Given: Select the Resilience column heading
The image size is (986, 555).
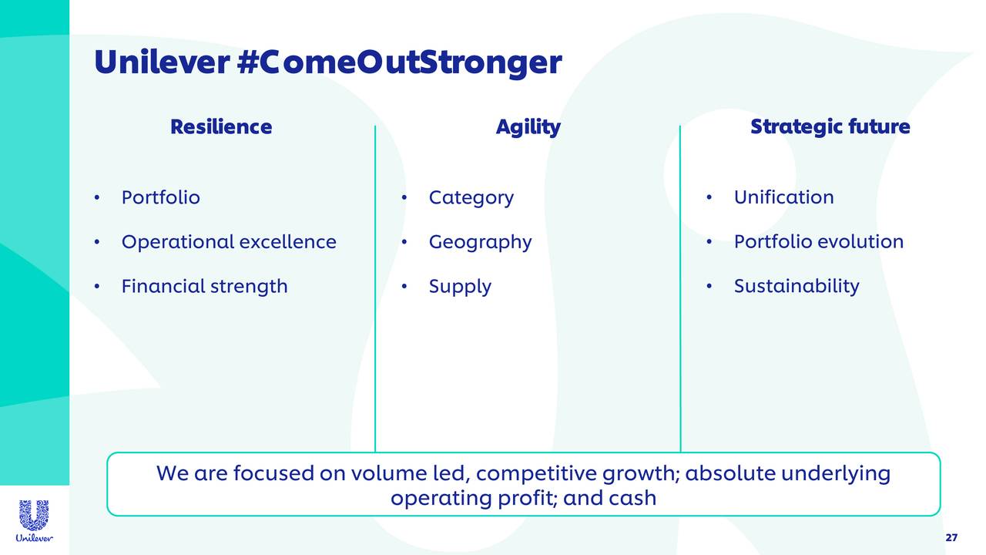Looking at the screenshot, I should pos(221,126).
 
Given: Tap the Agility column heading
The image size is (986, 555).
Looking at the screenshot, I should pos(528,126).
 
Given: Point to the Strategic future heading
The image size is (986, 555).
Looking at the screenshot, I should pos(830,126).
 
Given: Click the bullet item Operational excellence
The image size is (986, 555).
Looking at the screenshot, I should pos(229,242).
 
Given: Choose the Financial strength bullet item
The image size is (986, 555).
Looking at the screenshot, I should pos(204,287).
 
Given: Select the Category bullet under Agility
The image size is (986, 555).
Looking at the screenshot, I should pos(471,198).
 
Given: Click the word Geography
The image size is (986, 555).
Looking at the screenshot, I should pos(480,243).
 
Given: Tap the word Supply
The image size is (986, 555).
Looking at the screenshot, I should pos(460,288).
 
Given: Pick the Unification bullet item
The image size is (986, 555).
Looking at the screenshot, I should pos(783,197).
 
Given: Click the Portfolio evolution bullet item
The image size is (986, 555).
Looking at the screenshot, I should pos(818,242).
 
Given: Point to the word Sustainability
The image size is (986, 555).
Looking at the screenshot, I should pos(796,287).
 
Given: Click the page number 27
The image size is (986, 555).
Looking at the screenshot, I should pos(951,537).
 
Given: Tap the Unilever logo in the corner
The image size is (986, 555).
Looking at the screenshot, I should pos(34,521).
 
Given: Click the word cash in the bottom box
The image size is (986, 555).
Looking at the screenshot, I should pos(632,498).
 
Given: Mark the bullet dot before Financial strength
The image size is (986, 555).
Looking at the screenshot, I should pos(97,288).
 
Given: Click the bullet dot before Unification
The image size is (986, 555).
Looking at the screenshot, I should pos(709,198).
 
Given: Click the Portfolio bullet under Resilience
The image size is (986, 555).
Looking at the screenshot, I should pos(160,197).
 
